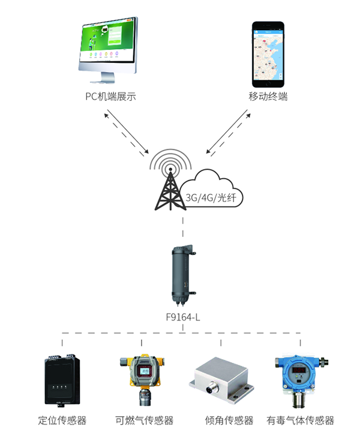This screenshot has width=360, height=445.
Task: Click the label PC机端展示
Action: (x=110, y=96)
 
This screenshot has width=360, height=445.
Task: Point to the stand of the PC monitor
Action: (x=109, y=77)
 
